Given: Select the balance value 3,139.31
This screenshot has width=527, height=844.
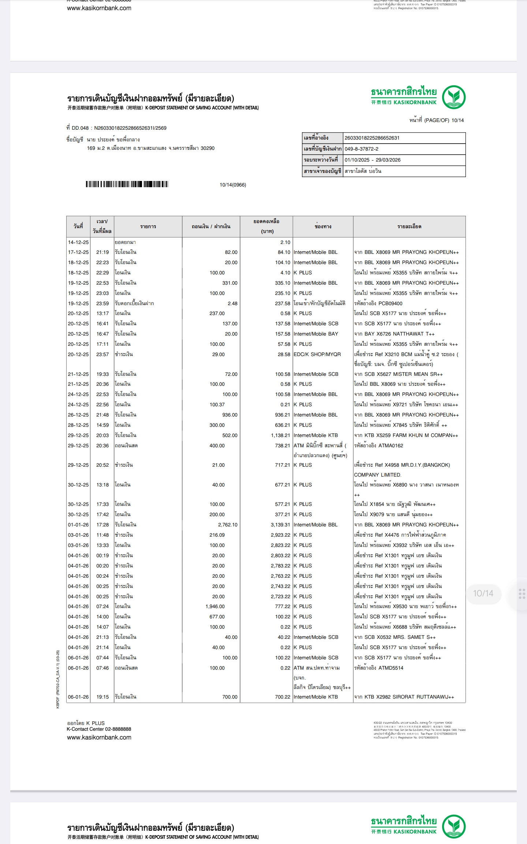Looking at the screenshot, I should pyautogui.click(x=280, y=525).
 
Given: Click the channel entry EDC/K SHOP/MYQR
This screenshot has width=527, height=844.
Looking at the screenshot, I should pyautogui.click(x=317, y=354).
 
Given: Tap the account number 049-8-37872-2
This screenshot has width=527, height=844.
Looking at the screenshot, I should pyautogui.click(x=362, y=149).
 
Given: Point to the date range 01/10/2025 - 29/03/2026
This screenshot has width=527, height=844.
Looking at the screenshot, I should pyautogui.click(x=373, y=160).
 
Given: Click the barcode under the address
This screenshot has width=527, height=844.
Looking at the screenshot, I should pyautogui.click(x=127, y=184).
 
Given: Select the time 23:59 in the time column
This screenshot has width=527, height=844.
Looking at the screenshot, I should pyautogui.click(x=102, y=303).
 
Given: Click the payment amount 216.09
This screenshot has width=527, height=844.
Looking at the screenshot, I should pyautogui.click(x=217, y=535).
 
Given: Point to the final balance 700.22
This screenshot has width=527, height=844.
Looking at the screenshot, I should pyautogui.click(x=283, y=697).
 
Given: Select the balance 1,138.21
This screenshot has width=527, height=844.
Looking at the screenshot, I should pyautogui.click(x=280, y=435).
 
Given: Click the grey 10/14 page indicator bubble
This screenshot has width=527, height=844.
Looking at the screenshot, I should pyautogui.click(x=483, y=593).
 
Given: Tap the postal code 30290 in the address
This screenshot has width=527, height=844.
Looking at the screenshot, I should pyautogui.click(x=208, y=148).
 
